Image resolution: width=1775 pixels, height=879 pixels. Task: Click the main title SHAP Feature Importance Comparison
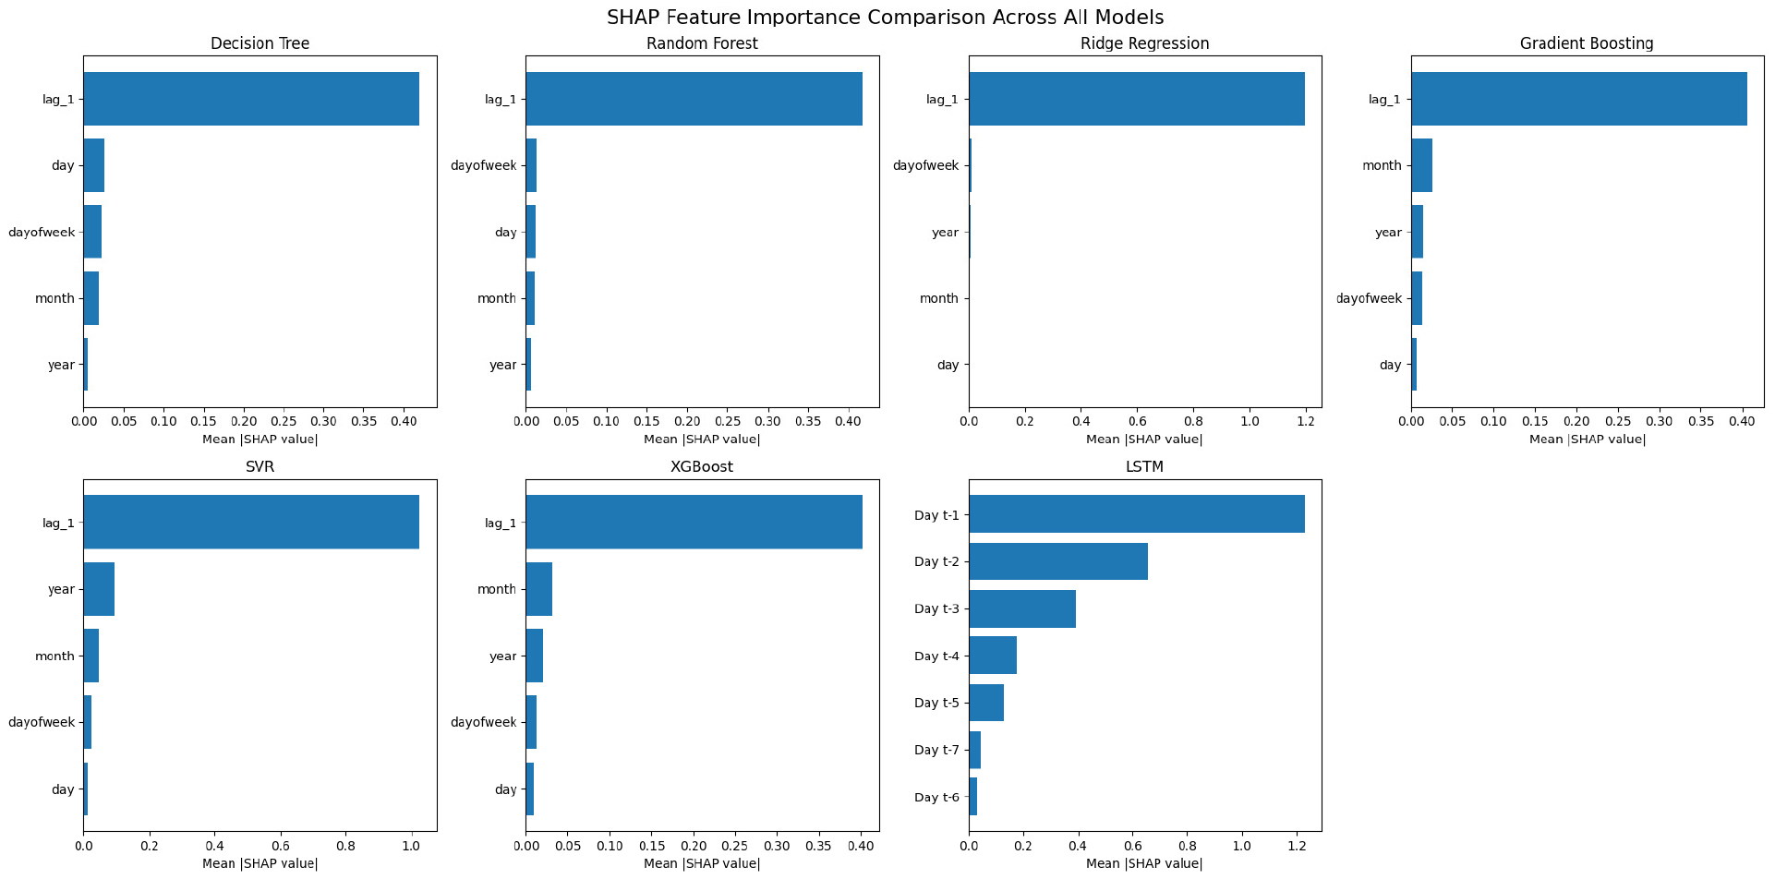tap(885, 18)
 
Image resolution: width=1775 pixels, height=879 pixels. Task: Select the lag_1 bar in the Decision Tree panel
tap(251, 99)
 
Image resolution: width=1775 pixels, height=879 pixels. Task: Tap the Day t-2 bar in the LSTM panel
tap(1057, 561)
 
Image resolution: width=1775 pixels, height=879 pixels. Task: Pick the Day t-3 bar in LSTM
tap(1021, 608)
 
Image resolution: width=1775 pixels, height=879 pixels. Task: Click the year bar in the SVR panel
tap(99, 589)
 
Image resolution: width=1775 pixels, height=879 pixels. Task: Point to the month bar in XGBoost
tap(539, 589)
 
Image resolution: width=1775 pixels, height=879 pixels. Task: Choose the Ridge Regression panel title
tap(1144, 43)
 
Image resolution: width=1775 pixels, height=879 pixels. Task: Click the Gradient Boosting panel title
tap(1587, 43)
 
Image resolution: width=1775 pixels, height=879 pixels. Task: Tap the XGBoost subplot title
tap(702, 467)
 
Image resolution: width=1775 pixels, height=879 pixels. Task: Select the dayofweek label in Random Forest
tap(484, 165)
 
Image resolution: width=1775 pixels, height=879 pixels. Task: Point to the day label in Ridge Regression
tap(948, 365)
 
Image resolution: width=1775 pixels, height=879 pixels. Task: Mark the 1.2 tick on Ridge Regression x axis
tap(1305, 422)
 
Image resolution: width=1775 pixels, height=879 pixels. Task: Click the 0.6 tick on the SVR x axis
tap(281, 846)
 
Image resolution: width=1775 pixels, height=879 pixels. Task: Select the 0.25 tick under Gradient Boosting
tap(1618, 422)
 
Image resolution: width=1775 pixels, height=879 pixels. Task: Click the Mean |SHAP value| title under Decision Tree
tap(260, 439)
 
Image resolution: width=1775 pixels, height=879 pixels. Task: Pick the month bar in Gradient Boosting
tap(1421, 165)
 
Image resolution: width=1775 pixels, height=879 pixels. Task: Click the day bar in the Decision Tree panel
tap(94, 165)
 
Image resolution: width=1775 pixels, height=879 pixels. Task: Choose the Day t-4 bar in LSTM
tap(992, 656)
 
